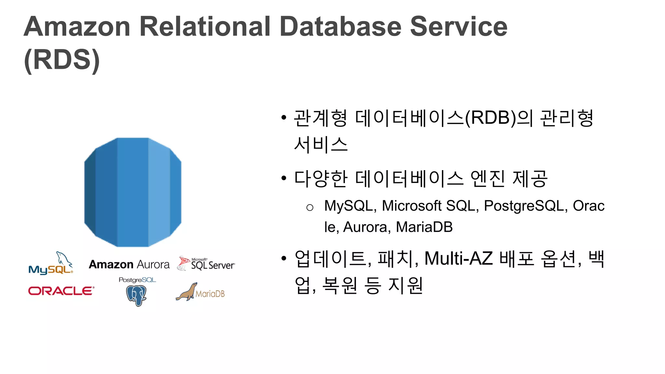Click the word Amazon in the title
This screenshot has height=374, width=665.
[77, 27]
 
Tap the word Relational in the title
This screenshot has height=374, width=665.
[205, 27]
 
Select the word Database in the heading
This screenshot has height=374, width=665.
[340, 27]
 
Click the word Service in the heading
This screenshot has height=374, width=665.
[458, 27]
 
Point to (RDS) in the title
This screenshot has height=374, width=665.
[62, 60]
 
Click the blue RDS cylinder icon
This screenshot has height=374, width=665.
[133, 192]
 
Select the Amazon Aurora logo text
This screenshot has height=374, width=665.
[129, 265]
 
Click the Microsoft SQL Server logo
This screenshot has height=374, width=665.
[206, 264]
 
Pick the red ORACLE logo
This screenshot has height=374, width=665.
[61, 291]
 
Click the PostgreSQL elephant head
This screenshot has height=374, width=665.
[136, 294]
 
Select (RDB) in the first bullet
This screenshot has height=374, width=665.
[490, 118]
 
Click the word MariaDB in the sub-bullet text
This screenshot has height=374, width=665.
[424, 227]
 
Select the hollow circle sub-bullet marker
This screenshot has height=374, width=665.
[310, 207]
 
